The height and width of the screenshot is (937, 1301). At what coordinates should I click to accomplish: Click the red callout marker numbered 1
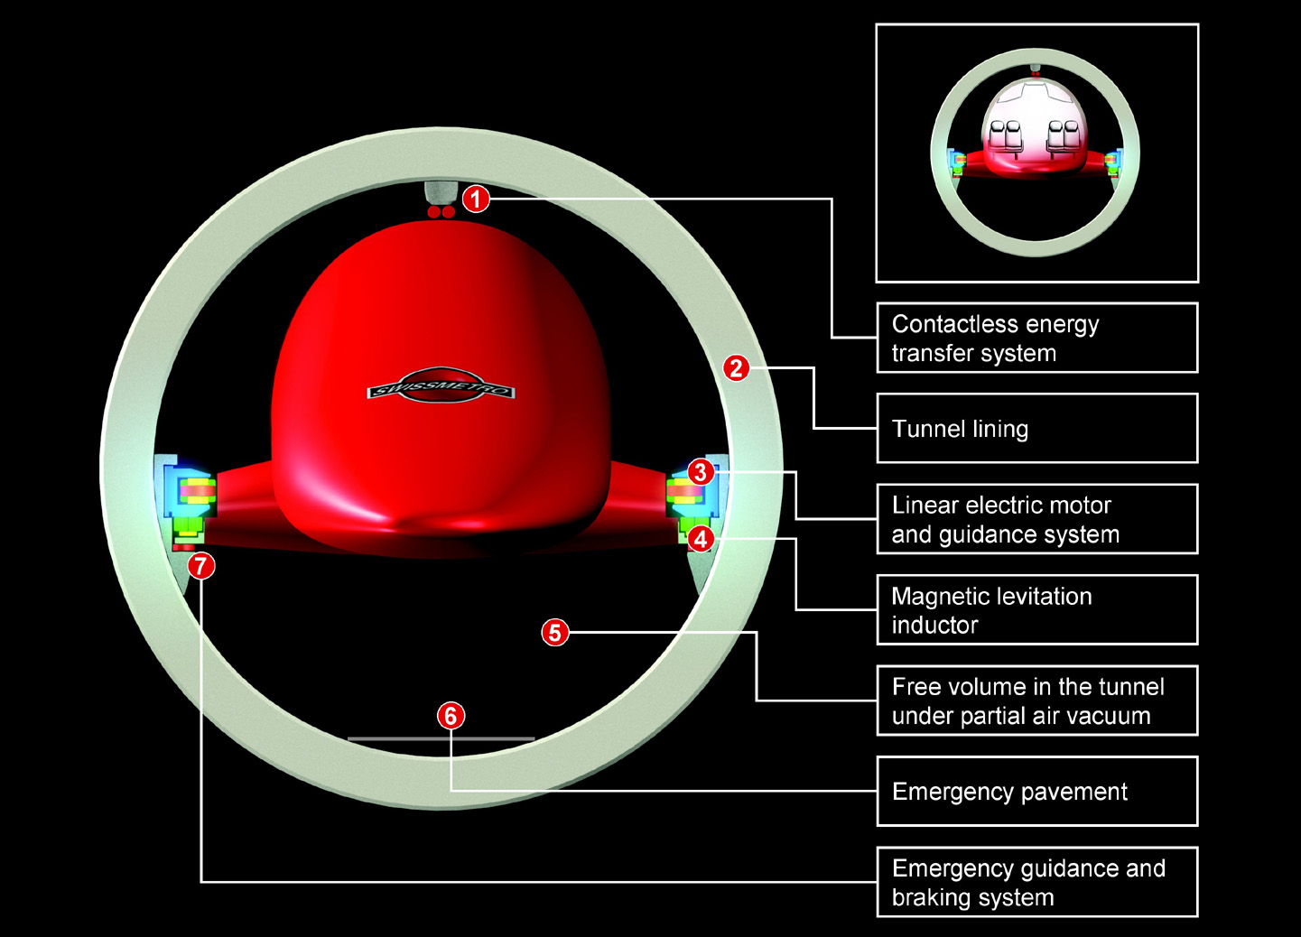tap(476, 199)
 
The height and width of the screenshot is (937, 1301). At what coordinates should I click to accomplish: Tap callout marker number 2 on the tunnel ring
tap(737, 368)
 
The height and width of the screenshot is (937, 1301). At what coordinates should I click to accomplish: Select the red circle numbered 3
tap(701, 473)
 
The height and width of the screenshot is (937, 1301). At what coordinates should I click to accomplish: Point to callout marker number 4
tap(701, 539)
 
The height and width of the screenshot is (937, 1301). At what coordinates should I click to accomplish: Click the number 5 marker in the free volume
tap(555, 632)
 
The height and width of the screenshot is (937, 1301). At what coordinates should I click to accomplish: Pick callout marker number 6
tap(451, 716)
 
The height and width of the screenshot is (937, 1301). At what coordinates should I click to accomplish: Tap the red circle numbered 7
tap(201, 566)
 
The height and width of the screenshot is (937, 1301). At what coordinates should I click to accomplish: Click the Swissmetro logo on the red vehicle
tap(441, 385)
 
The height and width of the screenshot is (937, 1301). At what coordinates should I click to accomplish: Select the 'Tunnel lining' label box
tap(1036, 429)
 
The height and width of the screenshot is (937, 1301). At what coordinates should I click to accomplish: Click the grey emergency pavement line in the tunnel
tap(441, 739)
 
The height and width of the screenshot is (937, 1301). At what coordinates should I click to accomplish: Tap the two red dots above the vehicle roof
tap(441, 212)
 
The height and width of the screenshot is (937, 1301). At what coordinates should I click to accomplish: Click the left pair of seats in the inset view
tap(1006, 137)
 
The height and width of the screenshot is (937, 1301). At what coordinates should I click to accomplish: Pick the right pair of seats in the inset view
tap(1063, 137)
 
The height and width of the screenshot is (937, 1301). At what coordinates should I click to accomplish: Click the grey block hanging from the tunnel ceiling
tap(440, 193)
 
